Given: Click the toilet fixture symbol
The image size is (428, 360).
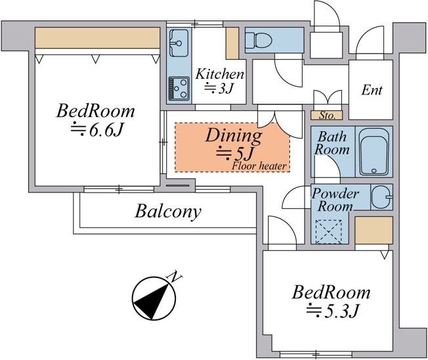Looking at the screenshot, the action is tap(259, 40).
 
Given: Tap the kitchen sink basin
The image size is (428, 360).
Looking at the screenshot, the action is tap(179, 43).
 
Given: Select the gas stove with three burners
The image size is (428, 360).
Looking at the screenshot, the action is tap(179, 89).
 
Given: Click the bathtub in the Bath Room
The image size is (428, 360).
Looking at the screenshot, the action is tap(374, 152).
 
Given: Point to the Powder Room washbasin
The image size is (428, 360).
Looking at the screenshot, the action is tap(382, 196).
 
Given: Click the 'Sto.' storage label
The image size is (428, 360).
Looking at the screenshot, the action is tap(327, 116).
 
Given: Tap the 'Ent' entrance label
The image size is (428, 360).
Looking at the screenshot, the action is tap(372, 90).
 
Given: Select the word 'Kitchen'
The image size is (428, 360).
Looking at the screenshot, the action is tap(219, 74).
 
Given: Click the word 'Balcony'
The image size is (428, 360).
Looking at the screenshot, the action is tap(168, 212).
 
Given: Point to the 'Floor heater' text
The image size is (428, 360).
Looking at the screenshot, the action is tap(259, 166).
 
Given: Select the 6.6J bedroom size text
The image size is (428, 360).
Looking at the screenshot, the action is tap(98, 130).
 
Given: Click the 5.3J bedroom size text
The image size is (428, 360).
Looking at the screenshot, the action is tap(332, 311).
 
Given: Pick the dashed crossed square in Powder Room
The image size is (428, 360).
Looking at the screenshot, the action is tap(329, 232).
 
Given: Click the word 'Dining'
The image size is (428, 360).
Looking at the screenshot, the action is tap(234, 136).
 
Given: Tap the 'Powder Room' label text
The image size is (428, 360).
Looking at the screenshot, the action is tap(335, 200).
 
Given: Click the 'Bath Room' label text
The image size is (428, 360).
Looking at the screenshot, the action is tap(332, 143).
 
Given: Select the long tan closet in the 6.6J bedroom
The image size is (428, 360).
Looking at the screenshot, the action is tap(97, 37).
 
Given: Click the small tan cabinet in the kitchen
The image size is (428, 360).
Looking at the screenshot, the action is tap(232, 43).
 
